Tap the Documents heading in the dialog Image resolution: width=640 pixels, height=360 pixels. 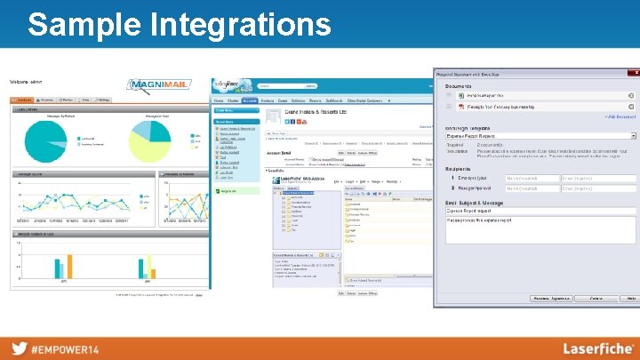coord(459,85)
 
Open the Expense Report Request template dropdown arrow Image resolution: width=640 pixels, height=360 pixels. coord(632,136)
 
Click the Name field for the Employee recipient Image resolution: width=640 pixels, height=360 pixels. coord(531,179)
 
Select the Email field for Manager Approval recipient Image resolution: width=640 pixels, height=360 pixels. coord(598,188)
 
